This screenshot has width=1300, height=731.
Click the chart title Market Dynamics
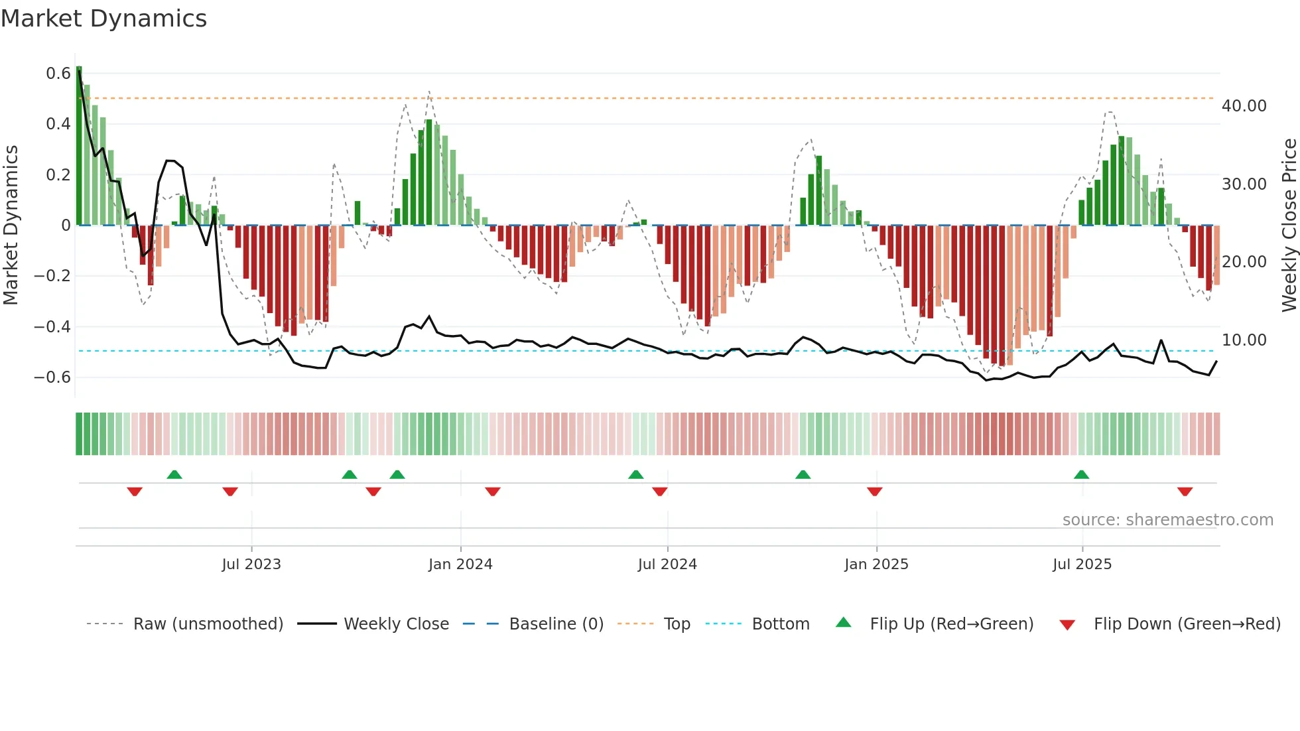point(104,19)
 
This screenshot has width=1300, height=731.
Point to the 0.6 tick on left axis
point(58,74)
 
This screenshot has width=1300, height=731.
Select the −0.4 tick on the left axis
point(52,327)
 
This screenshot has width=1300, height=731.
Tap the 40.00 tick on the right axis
point(1244,106)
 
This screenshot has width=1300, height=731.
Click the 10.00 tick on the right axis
point(1244,340)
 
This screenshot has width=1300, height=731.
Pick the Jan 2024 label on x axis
point(460,565)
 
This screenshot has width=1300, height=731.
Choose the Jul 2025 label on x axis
point(1082,565)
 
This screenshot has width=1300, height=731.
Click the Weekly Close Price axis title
point(1289,226)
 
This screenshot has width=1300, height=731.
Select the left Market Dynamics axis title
point(11,226)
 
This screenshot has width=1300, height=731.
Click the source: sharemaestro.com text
point(1167,520)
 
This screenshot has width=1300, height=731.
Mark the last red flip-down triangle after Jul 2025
point(1185,492)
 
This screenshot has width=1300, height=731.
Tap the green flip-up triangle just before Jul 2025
point(1081,474)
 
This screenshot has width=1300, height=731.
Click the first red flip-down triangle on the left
point(135,492)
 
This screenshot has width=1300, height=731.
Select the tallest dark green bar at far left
point(79,146)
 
